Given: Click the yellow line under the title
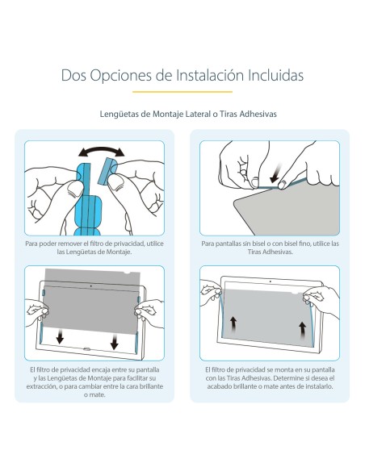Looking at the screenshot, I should coord(182,93).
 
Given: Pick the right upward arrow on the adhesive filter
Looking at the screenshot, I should coord(304,328).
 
